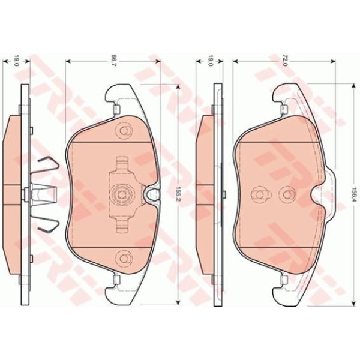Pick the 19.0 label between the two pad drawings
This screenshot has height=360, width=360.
coord(210,60)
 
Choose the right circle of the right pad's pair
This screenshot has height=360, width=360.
coord(286,194)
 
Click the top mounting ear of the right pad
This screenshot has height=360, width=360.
coord(288,96)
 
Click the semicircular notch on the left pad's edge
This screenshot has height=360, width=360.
coord(152,194)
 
